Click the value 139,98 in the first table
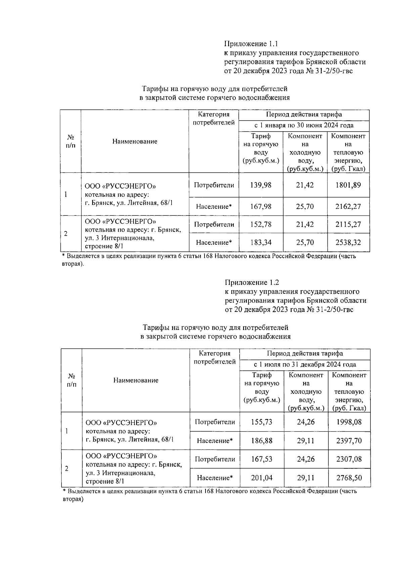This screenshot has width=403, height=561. (x=261, y=185)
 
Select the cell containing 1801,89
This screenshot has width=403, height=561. (x=348, y=185)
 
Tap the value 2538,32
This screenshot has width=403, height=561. (x=348, y=242)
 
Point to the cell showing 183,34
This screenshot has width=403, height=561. (x=261, y=242)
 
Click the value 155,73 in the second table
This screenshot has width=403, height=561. (x=262, y=422)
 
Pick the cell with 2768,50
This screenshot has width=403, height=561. (x=349, y=478)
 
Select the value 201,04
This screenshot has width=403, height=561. (x=262, y=478)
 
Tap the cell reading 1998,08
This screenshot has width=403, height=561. (x=349, y=422)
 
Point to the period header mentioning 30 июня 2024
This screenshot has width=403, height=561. (x=304, y=126)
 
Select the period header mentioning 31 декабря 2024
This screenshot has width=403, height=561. (x=305, y=365)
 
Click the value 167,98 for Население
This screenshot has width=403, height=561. (x=261, y=206)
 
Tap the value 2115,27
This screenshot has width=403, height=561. (x=348, y=224)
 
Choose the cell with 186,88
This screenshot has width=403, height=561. (x=262, y=440)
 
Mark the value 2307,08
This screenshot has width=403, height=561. (x=349, y=459)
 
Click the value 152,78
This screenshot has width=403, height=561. (x=261, y=224)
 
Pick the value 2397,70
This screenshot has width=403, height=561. (x=349, y=440)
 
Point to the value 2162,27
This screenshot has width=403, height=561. (x=348, y=206)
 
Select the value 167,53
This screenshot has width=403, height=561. (x=262, y=459)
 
